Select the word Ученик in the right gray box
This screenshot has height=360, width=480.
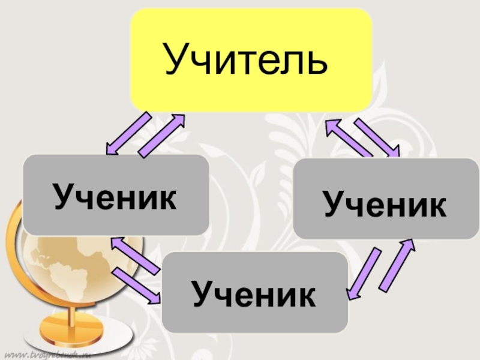point(385,205)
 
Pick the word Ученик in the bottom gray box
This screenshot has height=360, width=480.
point(254,295)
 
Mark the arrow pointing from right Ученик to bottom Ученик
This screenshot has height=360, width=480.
point(364,273)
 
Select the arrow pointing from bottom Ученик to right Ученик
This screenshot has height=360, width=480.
point(396,264)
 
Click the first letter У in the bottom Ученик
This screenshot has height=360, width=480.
point(202,295)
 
